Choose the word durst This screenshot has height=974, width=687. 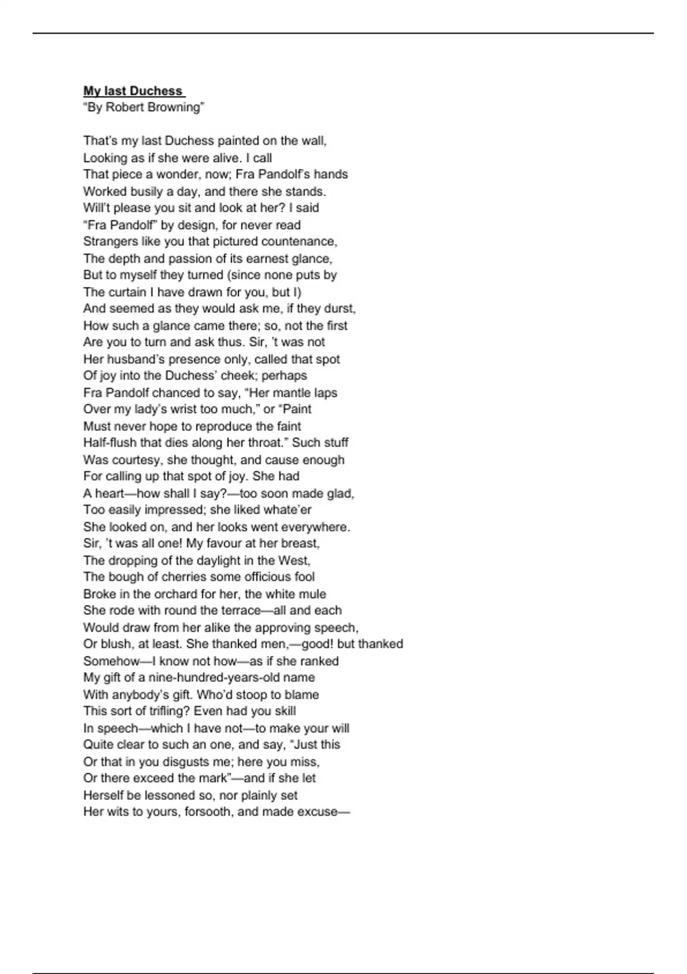point(339,308)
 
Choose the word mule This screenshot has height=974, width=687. point(313,594)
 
